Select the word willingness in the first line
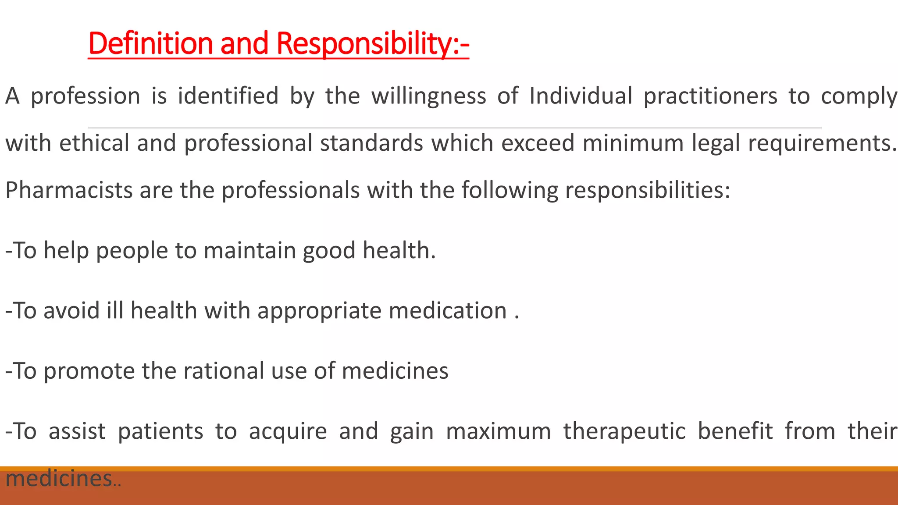429,96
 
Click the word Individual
581,96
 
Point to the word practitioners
710,96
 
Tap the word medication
448,311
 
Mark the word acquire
288,432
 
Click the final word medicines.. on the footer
63,478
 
